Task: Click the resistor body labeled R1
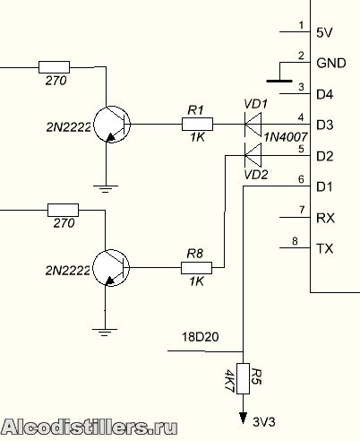tap(197, 124)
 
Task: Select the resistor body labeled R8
tap(196, 268)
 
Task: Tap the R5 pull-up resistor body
tap(243, 378)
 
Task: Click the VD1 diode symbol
tap(253, 124)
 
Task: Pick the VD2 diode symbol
tap(253, 155)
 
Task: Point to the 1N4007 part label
tap(286, 137)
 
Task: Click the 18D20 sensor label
tap(200, 337)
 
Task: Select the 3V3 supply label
tap(264, 422)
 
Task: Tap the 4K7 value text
tap(229, 380)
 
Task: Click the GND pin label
tap(331, 63)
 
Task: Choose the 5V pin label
tap(324, 32)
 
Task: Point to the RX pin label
tap(325, 218)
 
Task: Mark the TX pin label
tap(325, 248)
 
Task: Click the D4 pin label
tap(325, 94)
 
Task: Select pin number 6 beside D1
tap(301, 179)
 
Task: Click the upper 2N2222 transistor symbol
tap(112, 125)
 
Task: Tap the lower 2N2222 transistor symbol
tap(111, 268)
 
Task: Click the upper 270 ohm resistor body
tap(54, 67)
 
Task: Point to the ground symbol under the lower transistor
tap(105, 333)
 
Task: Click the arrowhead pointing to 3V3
tap(244, 418)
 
